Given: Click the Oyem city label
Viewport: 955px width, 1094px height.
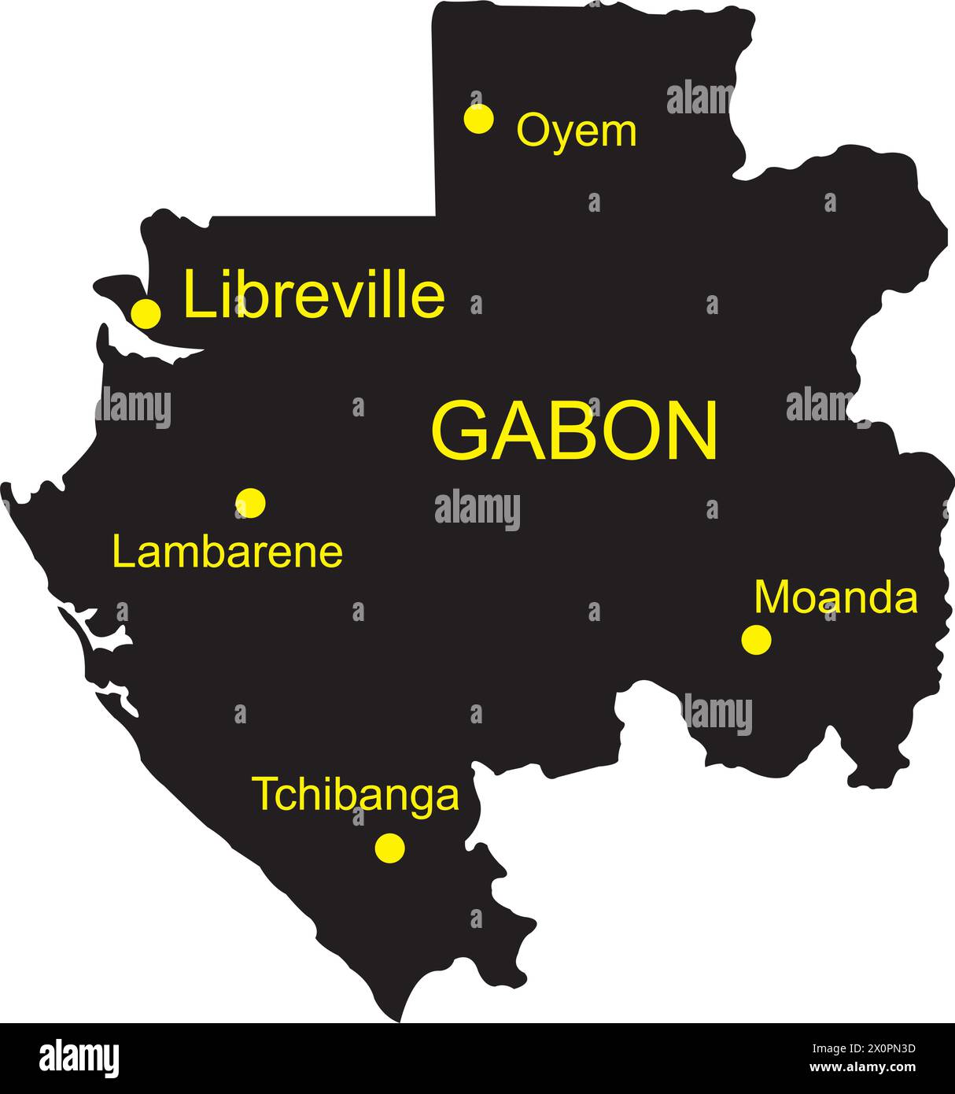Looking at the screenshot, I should (576, 131).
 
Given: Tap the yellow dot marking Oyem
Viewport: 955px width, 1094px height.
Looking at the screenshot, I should (478, 119).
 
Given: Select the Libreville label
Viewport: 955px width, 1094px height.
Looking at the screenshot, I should (314, 297).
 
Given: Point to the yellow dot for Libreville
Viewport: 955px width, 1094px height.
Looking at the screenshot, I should (146, 313).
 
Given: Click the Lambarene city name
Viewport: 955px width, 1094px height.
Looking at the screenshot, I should (227, 553).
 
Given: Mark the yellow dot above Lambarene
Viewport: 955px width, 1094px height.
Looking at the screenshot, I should (250, 502).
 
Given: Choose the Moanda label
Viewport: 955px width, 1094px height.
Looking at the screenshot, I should (835, 597).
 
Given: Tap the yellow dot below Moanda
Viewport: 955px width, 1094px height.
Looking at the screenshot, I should (756, 639).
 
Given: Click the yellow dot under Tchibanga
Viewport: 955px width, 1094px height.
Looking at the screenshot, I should (389, 848).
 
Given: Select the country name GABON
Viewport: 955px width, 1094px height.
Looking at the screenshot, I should (574, 431).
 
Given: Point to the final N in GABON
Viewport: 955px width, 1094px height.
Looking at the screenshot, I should (693, 431).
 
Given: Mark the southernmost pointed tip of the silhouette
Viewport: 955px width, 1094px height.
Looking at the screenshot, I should (402, 1020).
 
